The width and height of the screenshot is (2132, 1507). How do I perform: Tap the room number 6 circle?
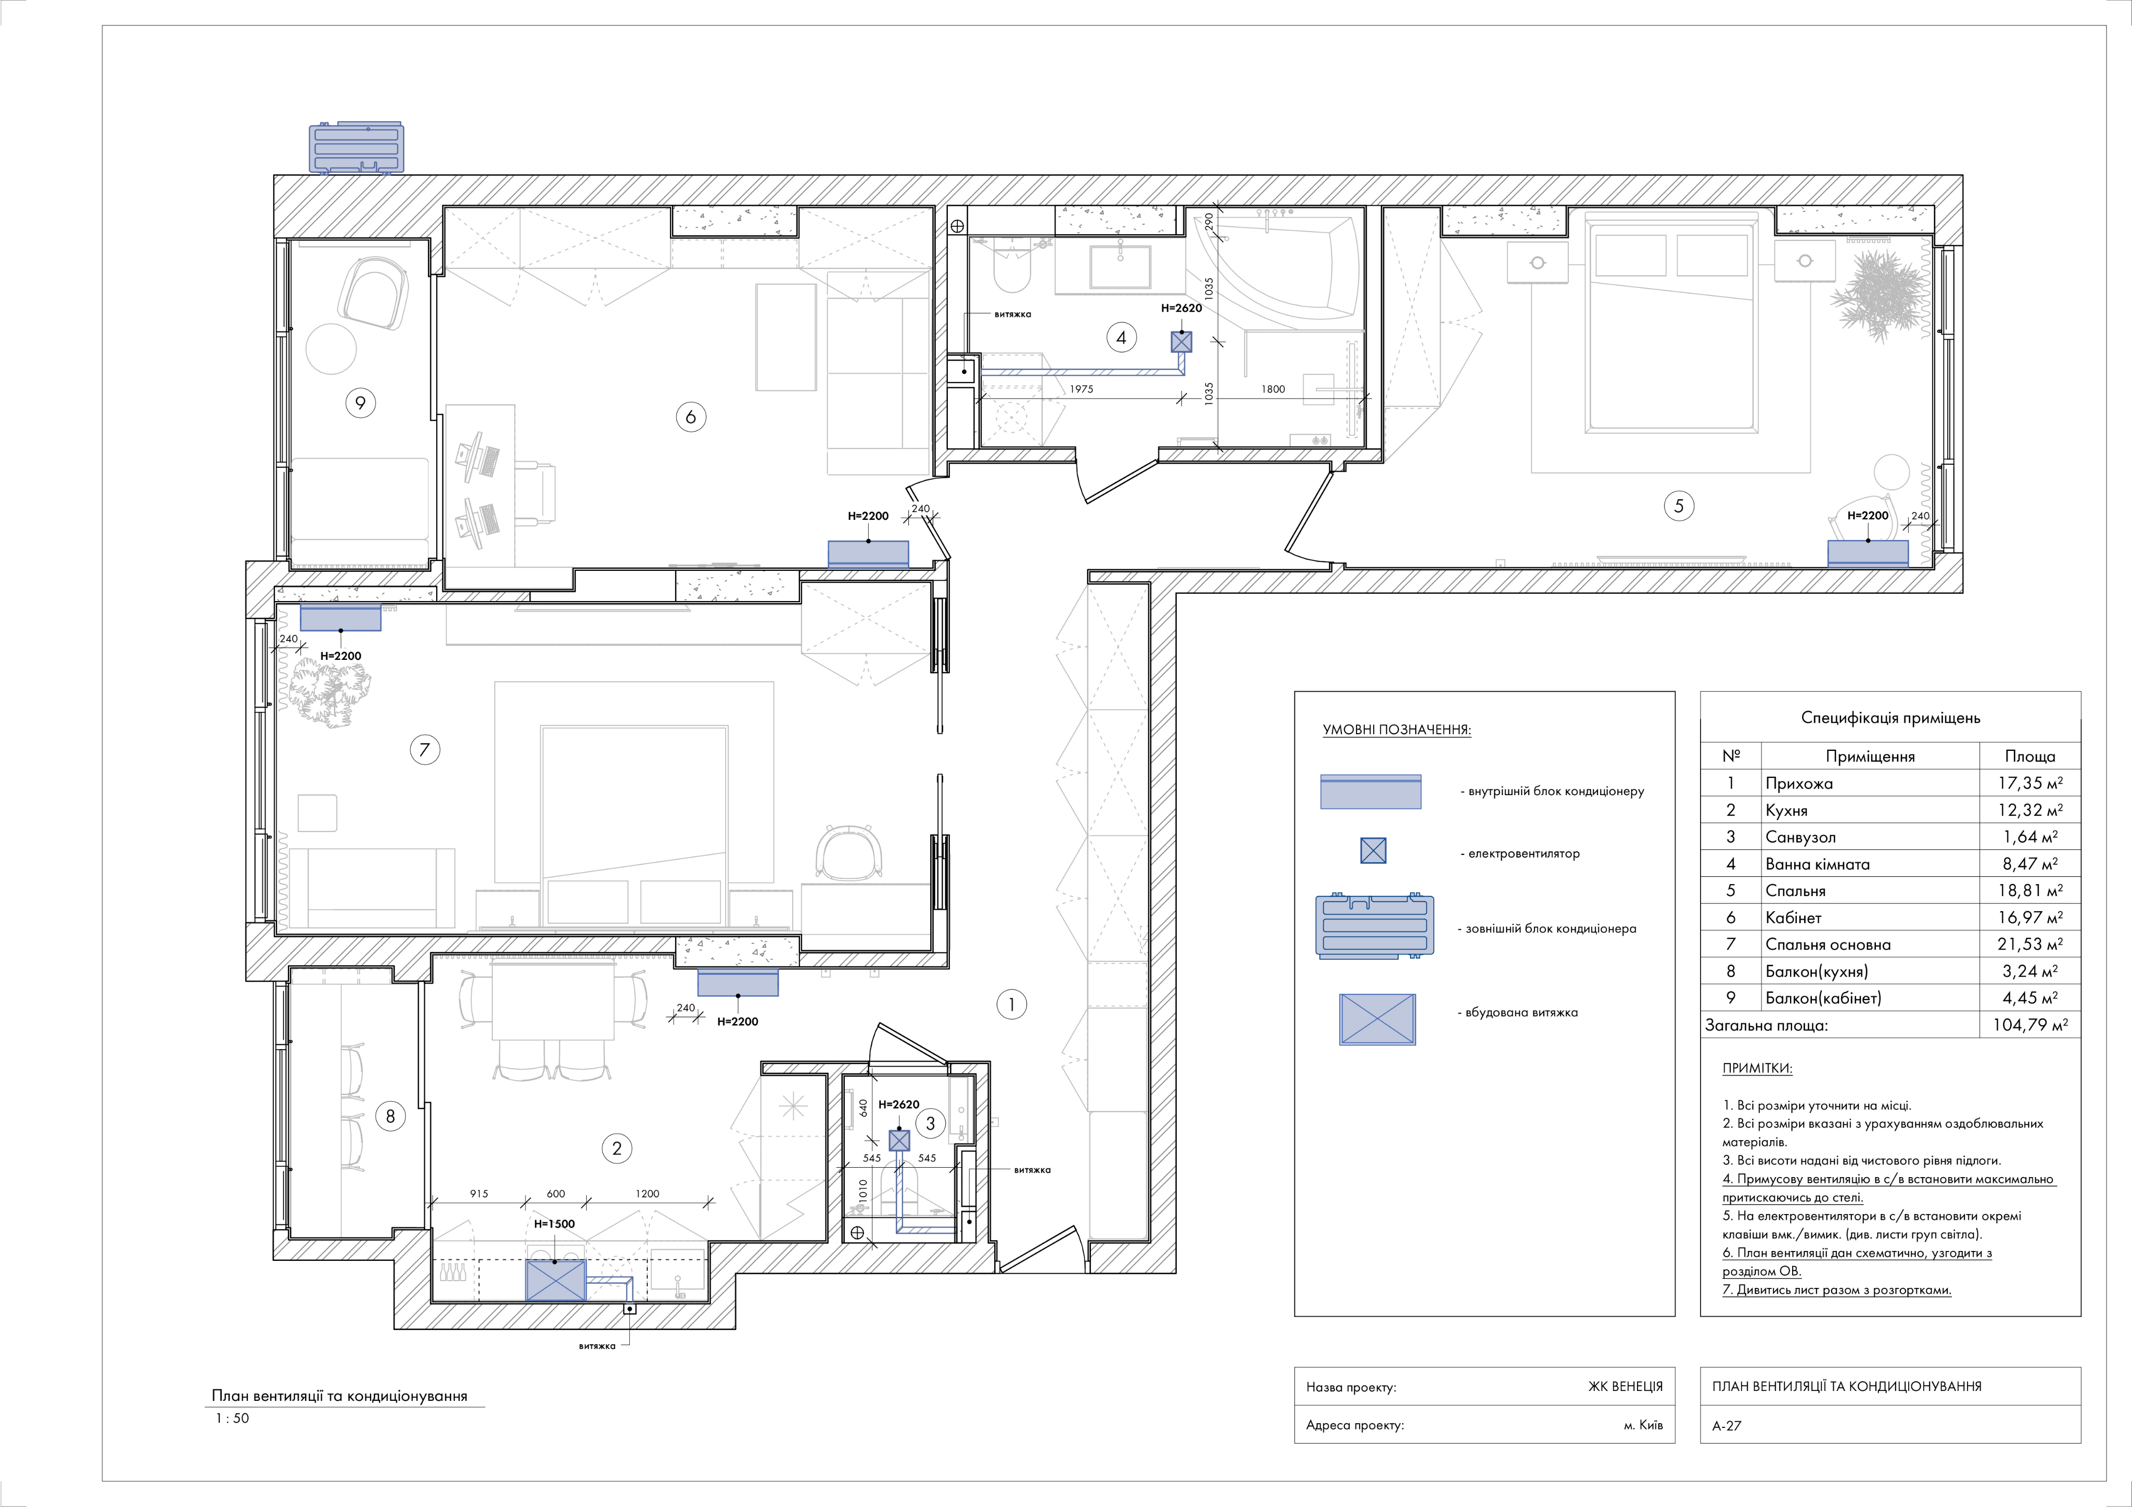click(x=690, y=417)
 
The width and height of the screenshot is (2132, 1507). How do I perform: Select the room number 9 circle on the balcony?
click(x=360, y=403)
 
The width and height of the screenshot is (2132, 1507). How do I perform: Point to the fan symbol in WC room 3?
click(x=899, y=1140)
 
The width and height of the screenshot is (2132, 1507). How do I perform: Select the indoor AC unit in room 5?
click(x=1868, y=553)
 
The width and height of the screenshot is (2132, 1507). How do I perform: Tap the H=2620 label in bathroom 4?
click(x=1181, y=308)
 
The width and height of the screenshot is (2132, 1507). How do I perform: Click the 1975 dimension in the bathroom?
click(x=1081, y=389)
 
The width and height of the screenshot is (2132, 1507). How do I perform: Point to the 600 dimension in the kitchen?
click(x=555, y=1194)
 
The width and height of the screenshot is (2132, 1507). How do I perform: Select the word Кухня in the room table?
click(x=1786, y=811)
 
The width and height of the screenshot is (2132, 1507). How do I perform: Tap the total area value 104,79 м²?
click(x=2030, y=1025)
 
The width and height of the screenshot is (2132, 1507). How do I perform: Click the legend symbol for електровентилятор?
click(x=1373, y=850)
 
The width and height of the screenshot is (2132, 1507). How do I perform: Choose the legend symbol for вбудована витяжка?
click(x=1377, y=1019)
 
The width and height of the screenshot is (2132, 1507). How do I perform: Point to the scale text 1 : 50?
click(x=232, y=1418)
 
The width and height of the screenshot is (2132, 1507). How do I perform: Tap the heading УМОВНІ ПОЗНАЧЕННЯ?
click(x=1397, y=730)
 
